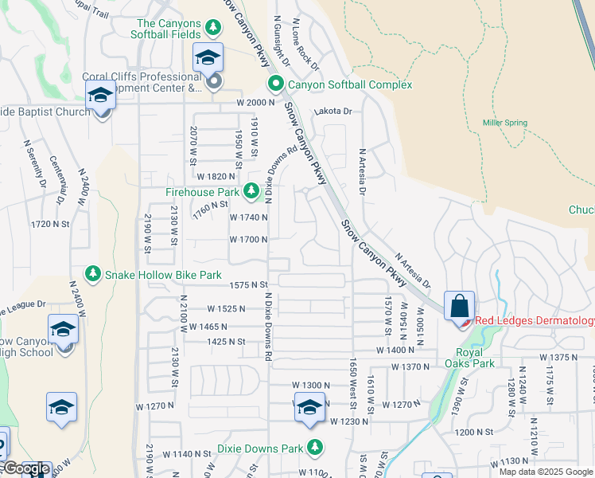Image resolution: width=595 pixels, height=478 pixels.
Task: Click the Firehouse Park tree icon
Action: click(251, 191)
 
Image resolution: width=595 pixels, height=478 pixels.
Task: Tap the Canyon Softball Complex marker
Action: click(275, 84)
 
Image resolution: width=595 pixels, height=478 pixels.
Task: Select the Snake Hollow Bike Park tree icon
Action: click(93, 274)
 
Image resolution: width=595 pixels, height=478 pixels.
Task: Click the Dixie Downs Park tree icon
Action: click(316, 446)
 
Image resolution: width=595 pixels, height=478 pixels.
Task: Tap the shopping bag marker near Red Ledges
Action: click(459, 306)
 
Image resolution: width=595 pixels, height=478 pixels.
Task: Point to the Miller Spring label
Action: click(504, 123)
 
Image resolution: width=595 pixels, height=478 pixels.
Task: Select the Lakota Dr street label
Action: click(332, 112)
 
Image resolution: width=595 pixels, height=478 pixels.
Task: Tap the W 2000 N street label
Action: click(255, 104)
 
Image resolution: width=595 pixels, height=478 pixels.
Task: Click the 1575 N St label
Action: click(249, 284)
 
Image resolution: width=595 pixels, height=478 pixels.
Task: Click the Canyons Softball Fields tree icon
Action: click(212, 29)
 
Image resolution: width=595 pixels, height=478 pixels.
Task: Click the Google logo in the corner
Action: click(25, 469)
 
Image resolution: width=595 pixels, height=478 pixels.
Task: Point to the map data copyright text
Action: click(546, 472)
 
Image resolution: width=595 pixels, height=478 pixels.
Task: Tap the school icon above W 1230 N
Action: click(308, 408)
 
